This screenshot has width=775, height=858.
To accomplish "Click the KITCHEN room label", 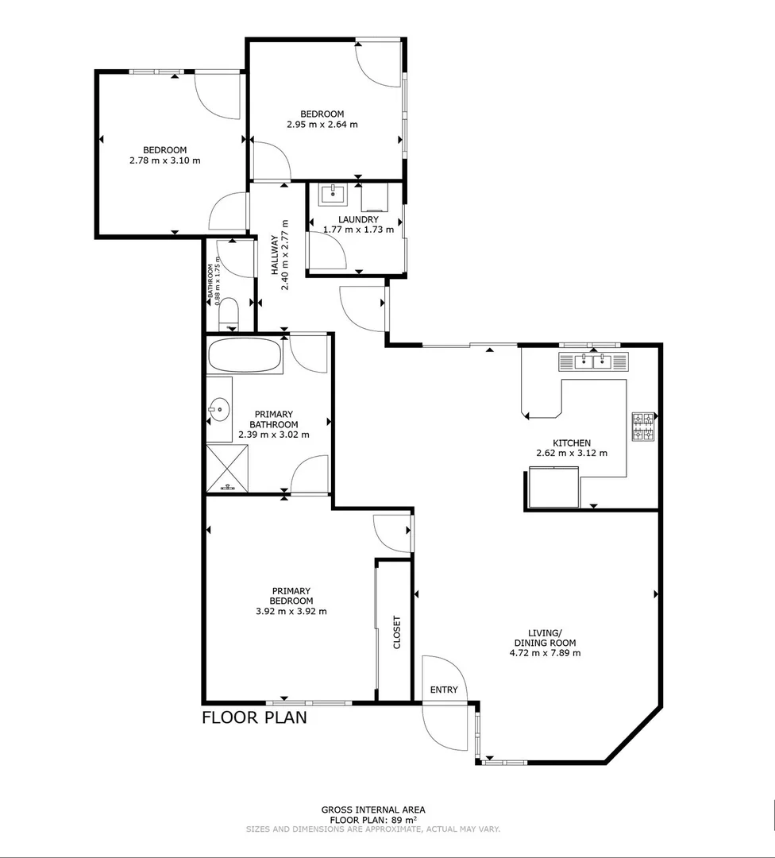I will coord(572,443).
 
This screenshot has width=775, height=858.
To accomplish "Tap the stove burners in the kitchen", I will coord(642,427).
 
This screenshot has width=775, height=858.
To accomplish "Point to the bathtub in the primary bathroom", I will coord(244,355).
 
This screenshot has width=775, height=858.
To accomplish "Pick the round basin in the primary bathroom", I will coord(219,411).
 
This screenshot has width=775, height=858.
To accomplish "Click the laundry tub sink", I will coord(333,194).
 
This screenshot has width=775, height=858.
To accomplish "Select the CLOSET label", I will coord(397,633).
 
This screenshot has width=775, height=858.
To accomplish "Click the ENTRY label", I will coord(444,690).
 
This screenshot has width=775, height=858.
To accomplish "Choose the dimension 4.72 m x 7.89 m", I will coord(545,654).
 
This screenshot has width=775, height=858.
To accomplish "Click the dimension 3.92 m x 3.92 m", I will coord(291,611).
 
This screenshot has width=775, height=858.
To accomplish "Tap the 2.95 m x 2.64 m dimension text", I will coord(322,124).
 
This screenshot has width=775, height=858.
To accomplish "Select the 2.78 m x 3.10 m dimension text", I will coord(164,160).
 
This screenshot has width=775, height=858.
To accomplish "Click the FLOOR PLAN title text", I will coord(254,718).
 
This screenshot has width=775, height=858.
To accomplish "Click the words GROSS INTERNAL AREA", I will coord(372,810).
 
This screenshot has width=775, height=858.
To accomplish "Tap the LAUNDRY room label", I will coord(357,219).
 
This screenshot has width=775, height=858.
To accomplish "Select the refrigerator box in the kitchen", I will coord(553,488).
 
